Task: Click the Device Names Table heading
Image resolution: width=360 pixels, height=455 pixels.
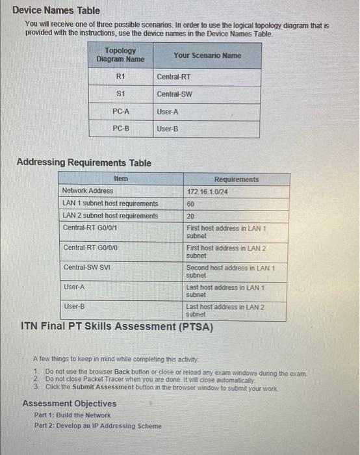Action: click(56, 10)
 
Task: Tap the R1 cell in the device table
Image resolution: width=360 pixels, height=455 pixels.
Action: click(120, 77)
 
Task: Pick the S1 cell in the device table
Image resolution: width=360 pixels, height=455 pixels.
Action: click(120, 94)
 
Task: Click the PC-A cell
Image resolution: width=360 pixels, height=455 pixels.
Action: click(120, 112)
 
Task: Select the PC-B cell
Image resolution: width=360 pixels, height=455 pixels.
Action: click(120, 129)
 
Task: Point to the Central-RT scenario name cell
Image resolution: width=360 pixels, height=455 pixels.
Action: click(174, 77)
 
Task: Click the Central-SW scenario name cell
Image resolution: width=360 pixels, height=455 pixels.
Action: click(174, 95)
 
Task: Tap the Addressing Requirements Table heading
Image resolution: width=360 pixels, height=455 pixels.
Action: click(83, 162)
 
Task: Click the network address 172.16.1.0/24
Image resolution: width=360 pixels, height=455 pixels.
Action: click(206, 191)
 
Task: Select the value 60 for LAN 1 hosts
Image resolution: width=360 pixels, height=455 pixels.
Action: click(190, 203)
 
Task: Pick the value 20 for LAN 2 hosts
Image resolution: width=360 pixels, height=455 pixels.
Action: click(190, 216)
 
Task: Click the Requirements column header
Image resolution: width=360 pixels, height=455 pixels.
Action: click(236, 179)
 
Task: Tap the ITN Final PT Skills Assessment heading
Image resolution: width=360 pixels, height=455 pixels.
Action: click(117, 326)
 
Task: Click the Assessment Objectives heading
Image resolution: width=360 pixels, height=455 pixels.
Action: click(69, 404)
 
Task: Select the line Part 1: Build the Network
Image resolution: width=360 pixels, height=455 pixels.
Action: click(72, 415)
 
